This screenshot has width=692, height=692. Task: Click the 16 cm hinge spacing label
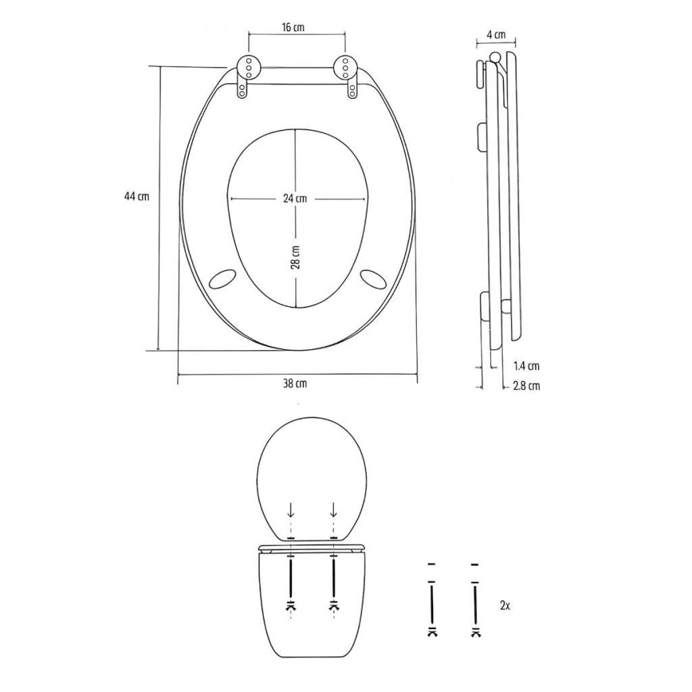tap(293, 27)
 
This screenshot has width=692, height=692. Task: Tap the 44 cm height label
tap(137, 197)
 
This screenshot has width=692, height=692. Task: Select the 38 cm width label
tap(295, 384)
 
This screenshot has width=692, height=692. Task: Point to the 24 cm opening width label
tap(295, 199)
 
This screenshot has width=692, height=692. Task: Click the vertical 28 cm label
tap(296, 257)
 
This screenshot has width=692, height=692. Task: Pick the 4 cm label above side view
tap(497, 34)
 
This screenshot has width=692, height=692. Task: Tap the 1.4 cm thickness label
tap(526, 366)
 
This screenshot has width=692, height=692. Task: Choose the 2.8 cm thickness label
tap(526, 386)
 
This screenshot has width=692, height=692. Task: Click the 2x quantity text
tap(505, 606)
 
